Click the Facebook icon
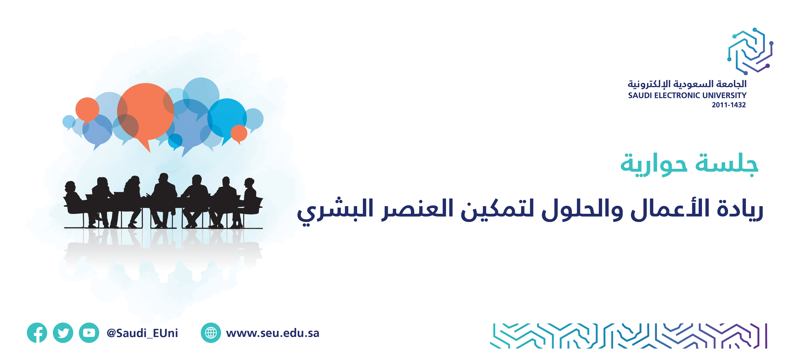point(37,333)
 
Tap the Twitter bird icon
point(63,333)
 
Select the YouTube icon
point(89,333)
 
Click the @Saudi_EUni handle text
point(142,333)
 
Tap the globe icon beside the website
point(211,333)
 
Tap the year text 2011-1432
point(729,105)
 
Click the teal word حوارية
point(654,165)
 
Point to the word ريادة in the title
point(740,210)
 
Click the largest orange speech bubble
point(145,113)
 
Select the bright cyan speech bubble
point(227,120)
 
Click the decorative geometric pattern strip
point(629,336)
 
